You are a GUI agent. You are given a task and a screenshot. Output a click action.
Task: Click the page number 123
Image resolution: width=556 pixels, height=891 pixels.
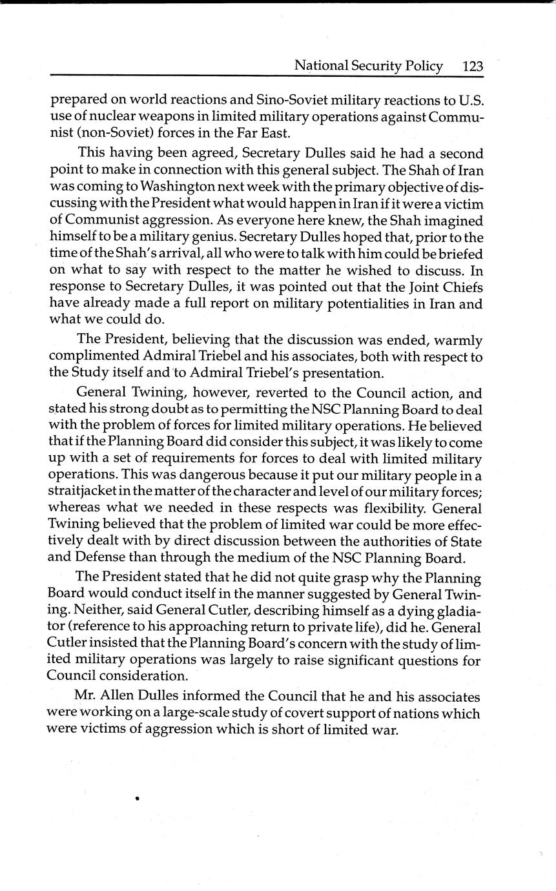(x=473, y=66)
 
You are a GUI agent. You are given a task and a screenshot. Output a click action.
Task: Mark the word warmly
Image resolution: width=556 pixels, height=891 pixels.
(x=460, y=340)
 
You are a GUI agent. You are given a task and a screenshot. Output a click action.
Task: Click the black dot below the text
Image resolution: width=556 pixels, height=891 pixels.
(x=138, y=799)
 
